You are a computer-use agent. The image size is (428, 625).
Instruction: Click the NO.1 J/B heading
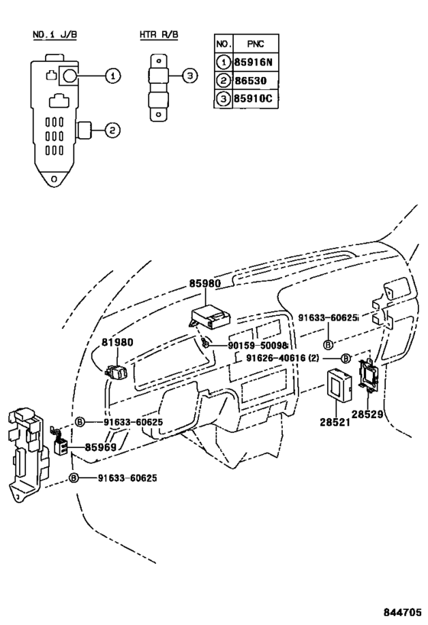pos(53,36)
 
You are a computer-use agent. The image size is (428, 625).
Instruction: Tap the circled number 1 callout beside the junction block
pos(112,76)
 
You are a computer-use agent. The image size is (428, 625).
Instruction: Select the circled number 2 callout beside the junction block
pos(112,130)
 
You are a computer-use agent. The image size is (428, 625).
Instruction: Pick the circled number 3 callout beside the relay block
pos(191,76)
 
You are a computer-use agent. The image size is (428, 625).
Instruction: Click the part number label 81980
pos(118,343)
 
